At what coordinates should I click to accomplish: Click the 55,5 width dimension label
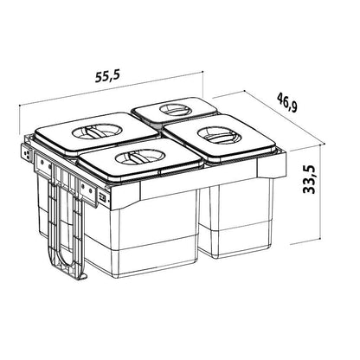point(107,76)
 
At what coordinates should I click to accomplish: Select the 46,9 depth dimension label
point(286,102)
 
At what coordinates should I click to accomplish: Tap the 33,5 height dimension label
point(309,179)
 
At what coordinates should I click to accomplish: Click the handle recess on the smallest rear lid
point(175,110)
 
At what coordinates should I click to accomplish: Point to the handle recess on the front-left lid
point(139,157)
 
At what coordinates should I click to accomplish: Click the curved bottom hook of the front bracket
point(67,262)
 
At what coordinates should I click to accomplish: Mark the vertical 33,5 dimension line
point(320,191)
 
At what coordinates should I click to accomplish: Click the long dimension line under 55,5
point(112,88)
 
